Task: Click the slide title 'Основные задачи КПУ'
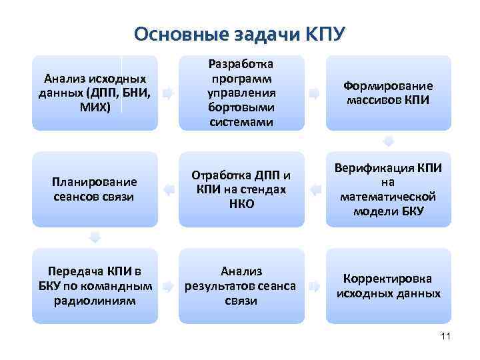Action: (x=240, y=33)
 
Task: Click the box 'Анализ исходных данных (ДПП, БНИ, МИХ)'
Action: (x=95, y=93)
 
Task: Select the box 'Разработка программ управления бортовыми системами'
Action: (x=241, y=93)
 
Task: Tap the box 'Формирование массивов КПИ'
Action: (x=388, y=93)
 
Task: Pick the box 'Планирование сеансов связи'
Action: (x=95, y=189)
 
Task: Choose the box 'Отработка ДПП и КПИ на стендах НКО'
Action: (x=241, y=189)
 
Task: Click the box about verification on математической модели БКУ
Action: (x=388, y=189)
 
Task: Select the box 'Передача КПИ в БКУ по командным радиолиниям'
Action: (x=95, y=286)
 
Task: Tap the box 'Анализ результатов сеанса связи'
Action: (x=241, y=286)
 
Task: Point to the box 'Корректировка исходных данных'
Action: (x=388, y=286)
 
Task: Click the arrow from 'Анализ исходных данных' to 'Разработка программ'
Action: (x=169, y=93)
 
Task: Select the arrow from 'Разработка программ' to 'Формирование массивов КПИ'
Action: (x=315, y=93)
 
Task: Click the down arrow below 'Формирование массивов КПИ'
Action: (x=389, y=141)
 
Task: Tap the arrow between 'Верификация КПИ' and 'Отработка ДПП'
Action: (x=315, y=189)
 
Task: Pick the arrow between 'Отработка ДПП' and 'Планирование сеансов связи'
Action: (x=169, y=189)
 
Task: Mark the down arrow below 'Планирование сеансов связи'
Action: (x=95, y=238)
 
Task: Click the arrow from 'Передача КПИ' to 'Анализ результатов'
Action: (x=169, y=286)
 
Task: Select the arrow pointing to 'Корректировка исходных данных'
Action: (x=315, y=286)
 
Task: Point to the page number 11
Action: (x=446, y=337)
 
